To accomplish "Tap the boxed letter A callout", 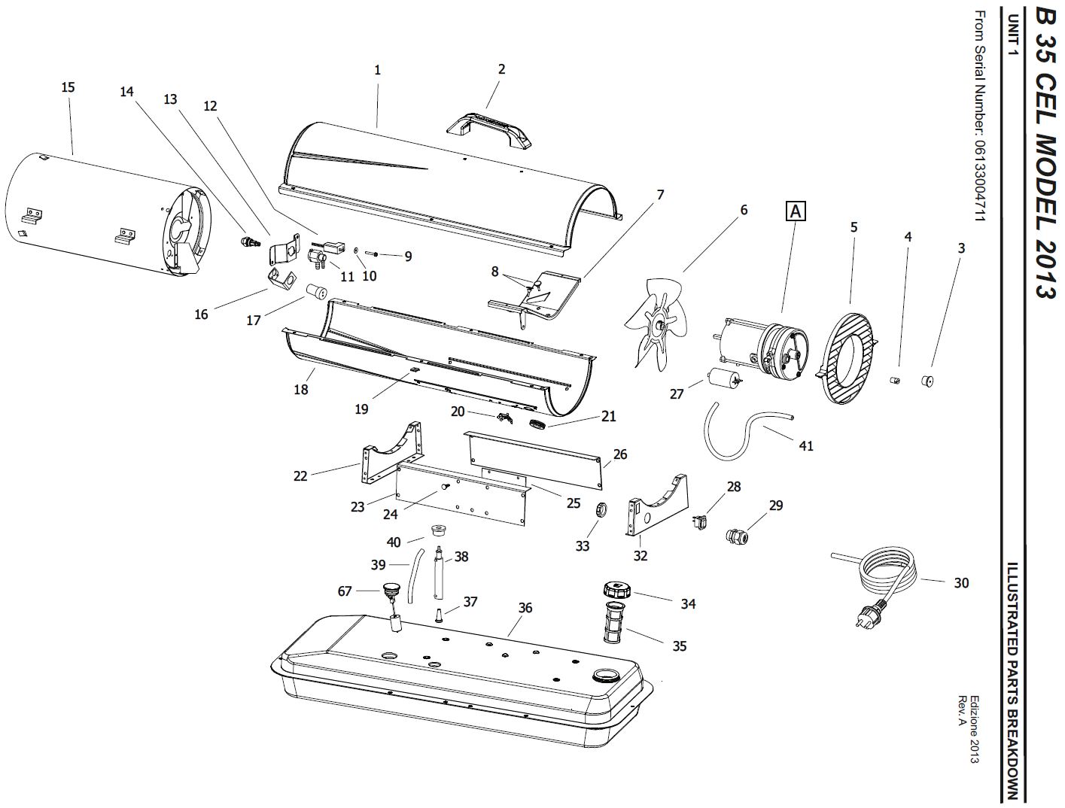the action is (796, 212).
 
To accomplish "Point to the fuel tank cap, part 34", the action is (617, 591).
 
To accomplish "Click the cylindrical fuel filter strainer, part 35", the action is (615, 622).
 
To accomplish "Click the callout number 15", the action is (68, 87).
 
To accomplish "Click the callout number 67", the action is (345, 591).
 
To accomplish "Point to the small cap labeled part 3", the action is (928, 380).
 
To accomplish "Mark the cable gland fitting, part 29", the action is (737, 536).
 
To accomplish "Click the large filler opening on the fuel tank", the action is (604, 675).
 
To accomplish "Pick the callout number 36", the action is (525, 608).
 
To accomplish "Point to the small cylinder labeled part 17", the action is (316, 292).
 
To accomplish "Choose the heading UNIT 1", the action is (1013, 35).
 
